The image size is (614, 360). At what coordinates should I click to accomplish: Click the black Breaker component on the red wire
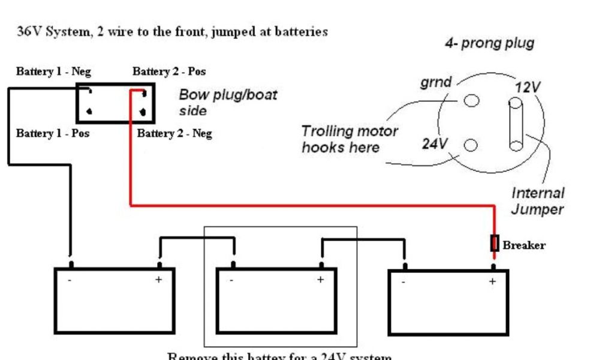(495, 243)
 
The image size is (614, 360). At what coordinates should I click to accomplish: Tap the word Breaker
(523, 245)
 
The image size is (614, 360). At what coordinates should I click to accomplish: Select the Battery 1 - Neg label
(53, 71)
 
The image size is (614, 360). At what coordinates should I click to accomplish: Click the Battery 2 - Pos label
(169, 71)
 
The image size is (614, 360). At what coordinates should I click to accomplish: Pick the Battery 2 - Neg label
(174, 133)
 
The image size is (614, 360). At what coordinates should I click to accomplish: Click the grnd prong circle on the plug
(472, 100)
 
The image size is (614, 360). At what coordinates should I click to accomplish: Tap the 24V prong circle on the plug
(471, 145)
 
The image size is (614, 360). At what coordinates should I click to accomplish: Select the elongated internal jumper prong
(516, 125)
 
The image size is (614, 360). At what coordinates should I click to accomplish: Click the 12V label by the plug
(528, 87)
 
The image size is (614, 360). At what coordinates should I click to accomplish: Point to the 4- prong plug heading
(489, 43)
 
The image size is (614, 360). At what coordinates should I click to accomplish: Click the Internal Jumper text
(537, 201)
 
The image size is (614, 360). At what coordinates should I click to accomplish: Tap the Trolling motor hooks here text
(349, 139)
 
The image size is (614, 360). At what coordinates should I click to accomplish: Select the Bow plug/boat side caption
(228, 103)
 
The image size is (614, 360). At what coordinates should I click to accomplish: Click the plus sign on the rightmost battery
(493, 281)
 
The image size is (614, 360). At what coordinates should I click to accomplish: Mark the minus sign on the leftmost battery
(71, 280)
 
